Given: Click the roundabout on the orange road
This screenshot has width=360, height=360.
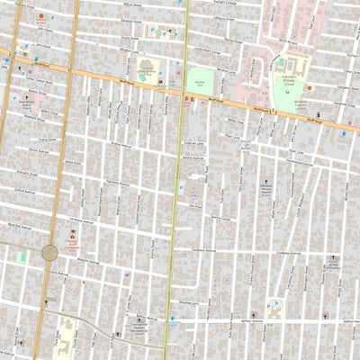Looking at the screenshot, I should coord(49,253).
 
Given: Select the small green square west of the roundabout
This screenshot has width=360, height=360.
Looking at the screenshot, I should coord(21,257).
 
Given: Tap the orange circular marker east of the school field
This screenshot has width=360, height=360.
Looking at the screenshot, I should coord(310,88).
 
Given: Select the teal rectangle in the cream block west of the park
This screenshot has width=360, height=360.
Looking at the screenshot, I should coord(147,67).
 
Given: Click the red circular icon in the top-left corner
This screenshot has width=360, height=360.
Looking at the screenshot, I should coord(40,17).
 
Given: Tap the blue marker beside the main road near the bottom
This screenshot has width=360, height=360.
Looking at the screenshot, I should coord(170,324).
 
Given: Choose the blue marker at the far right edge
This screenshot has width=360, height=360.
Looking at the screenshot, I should coord(344,135).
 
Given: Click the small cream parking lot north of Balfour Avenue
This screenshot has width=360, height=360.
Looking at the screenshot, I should coord(276,310).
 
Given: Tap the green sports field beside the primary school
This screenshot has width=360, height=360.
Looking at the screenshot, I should coord(290,94).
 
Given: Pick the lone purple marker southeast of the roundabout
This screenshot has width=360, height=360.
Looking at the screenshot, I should coord(127,275).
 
